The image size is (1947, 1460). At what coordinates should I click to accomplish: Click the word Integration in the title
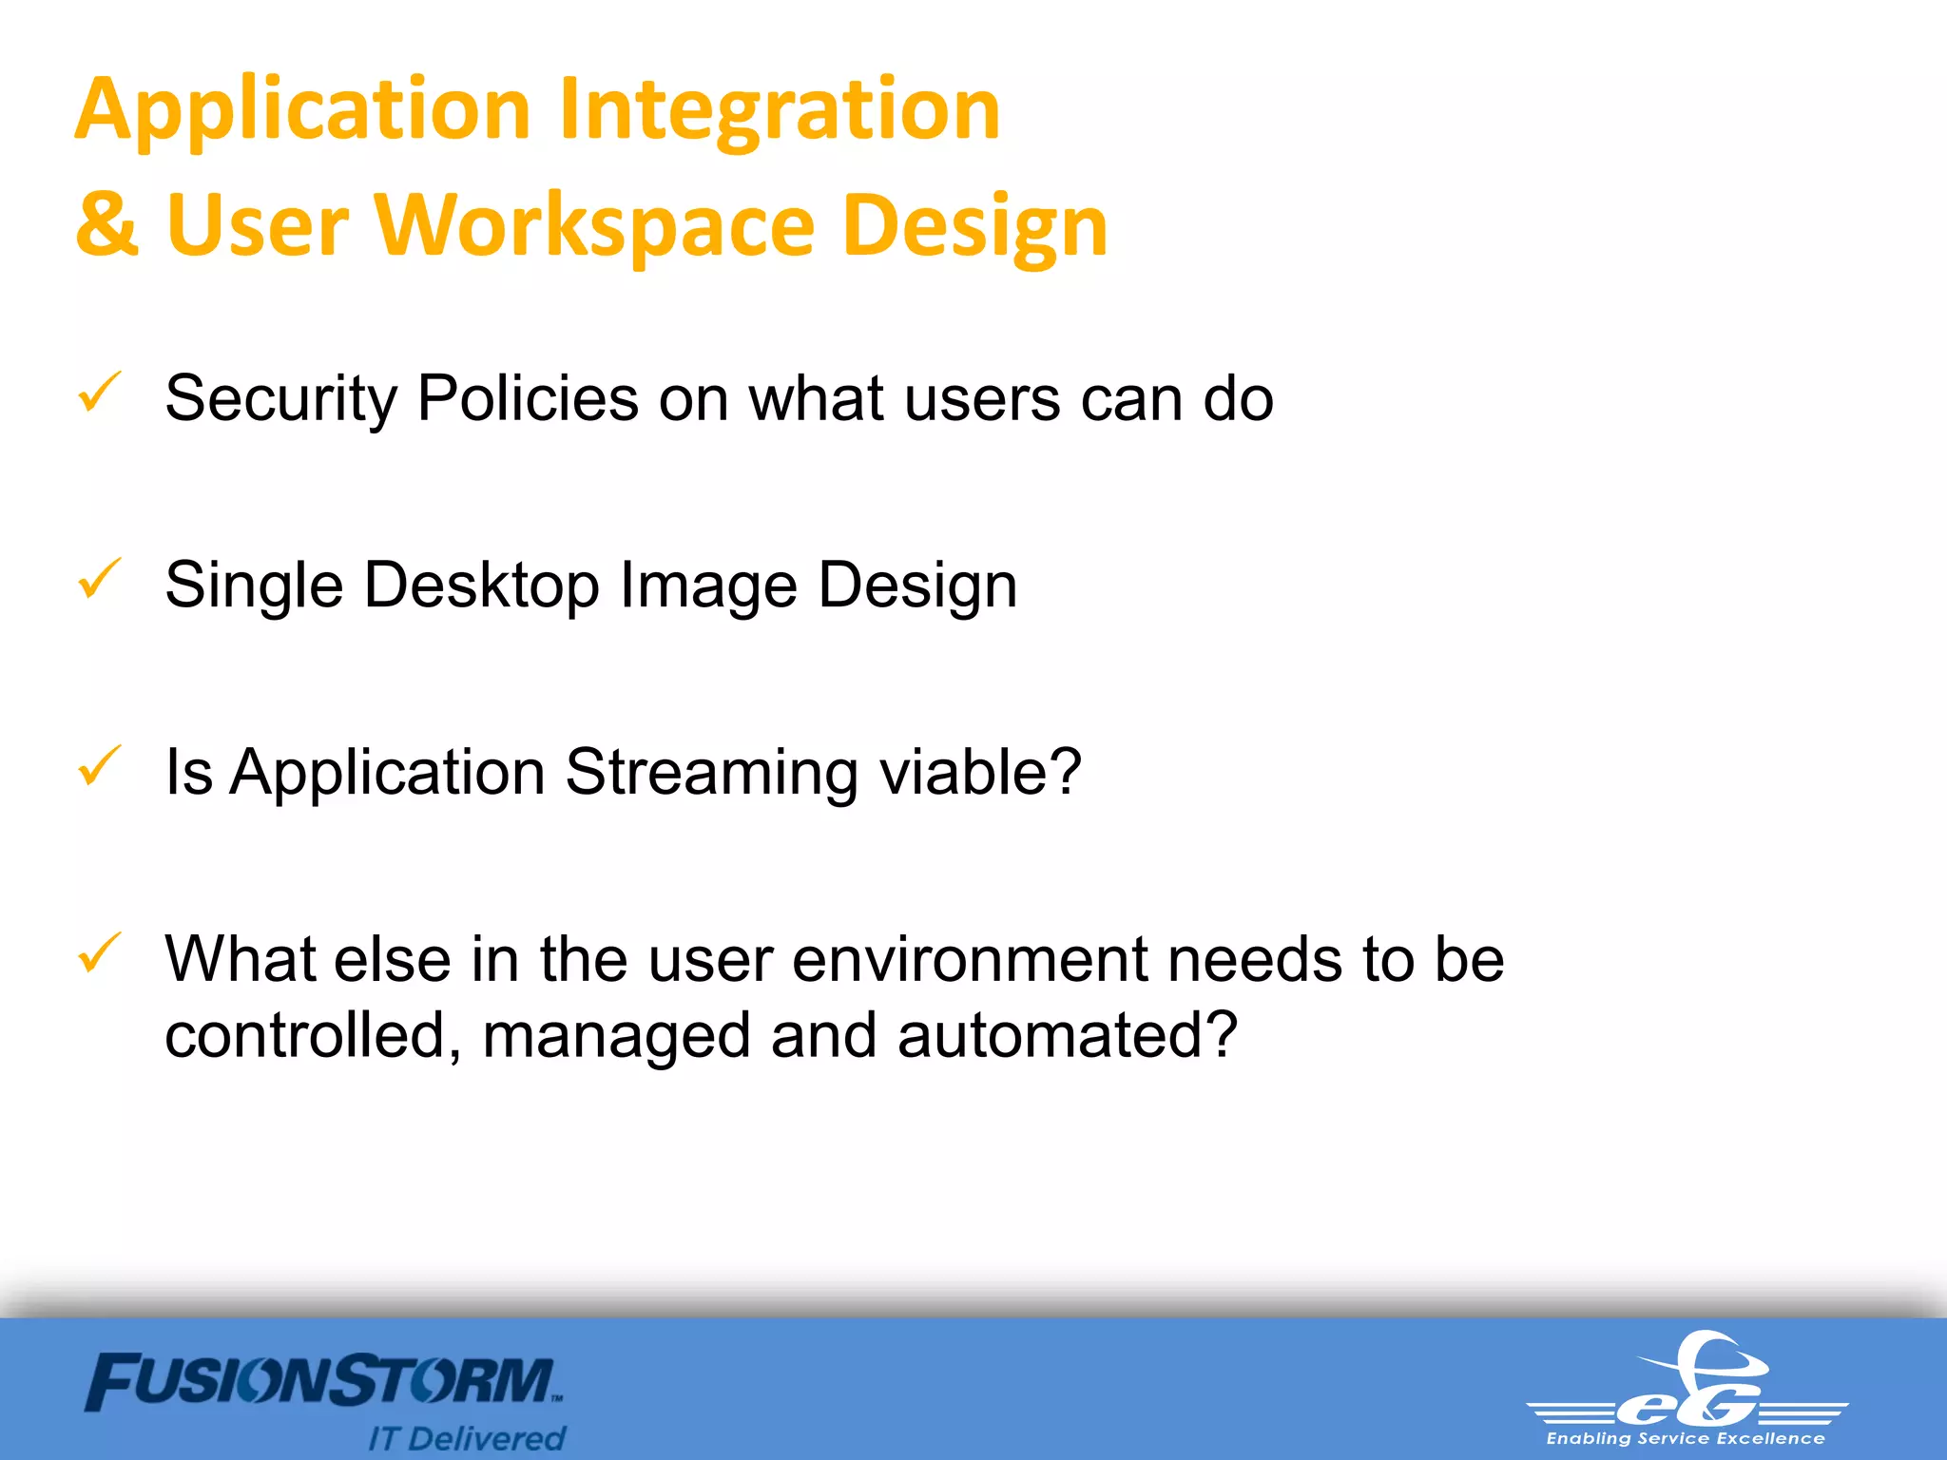780,110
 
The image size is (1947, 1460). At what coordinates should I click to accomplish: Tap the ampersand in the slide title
106,225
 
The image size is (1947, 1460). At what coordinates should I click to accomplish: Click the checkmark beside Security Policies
99,393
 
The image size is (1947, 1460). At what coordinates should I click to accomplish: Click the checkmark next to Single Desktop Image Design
99,579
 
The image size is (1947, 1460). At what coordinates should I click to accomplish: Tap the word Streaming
712,771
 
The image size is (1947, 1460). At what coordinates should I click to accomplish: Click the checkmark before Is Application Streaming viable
99,766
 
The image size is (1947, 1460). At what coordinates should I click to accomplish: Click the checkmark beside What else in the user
99,952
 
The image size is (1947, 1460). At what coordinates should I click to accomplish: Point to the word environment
970,959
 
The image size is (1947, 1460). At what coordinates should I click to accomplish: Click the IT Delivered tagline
467,1438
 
